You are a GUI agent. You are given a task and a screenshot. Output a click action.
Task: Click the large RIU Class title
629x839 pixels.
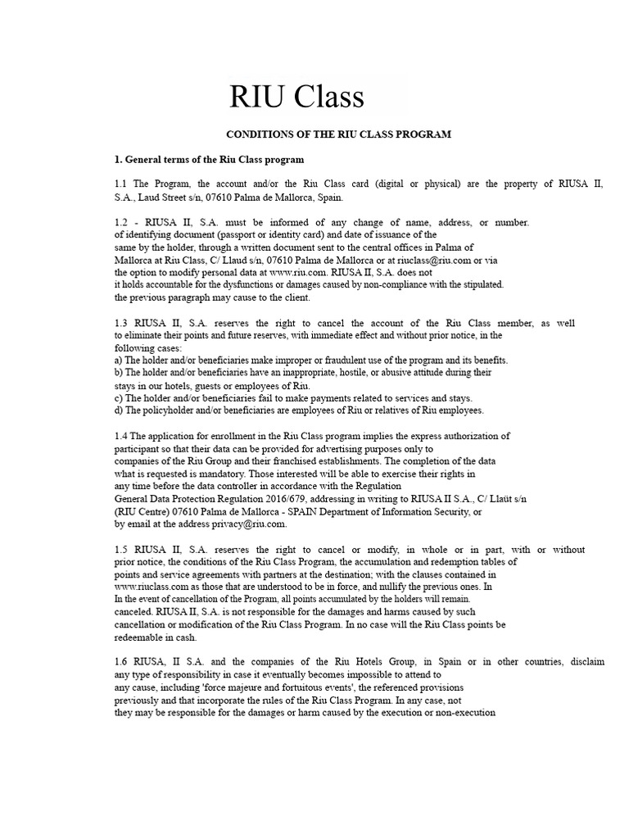click(x=296, y=97)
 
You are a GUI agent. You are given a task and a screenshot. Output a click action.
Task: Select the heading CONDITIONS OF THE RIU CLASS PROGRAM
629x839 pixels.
click(x=338, y=134)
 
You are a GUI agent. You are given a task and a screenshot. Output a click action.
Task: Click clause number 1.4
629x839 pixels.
click(x=121, y=436)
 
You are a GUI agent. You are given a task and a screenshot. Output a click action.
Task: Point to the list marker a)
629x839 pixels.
click(x=119, y=361)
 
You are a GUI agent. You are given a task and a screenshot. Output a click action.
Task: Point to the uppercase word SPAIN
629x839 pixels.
click(x=312, y=511)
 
